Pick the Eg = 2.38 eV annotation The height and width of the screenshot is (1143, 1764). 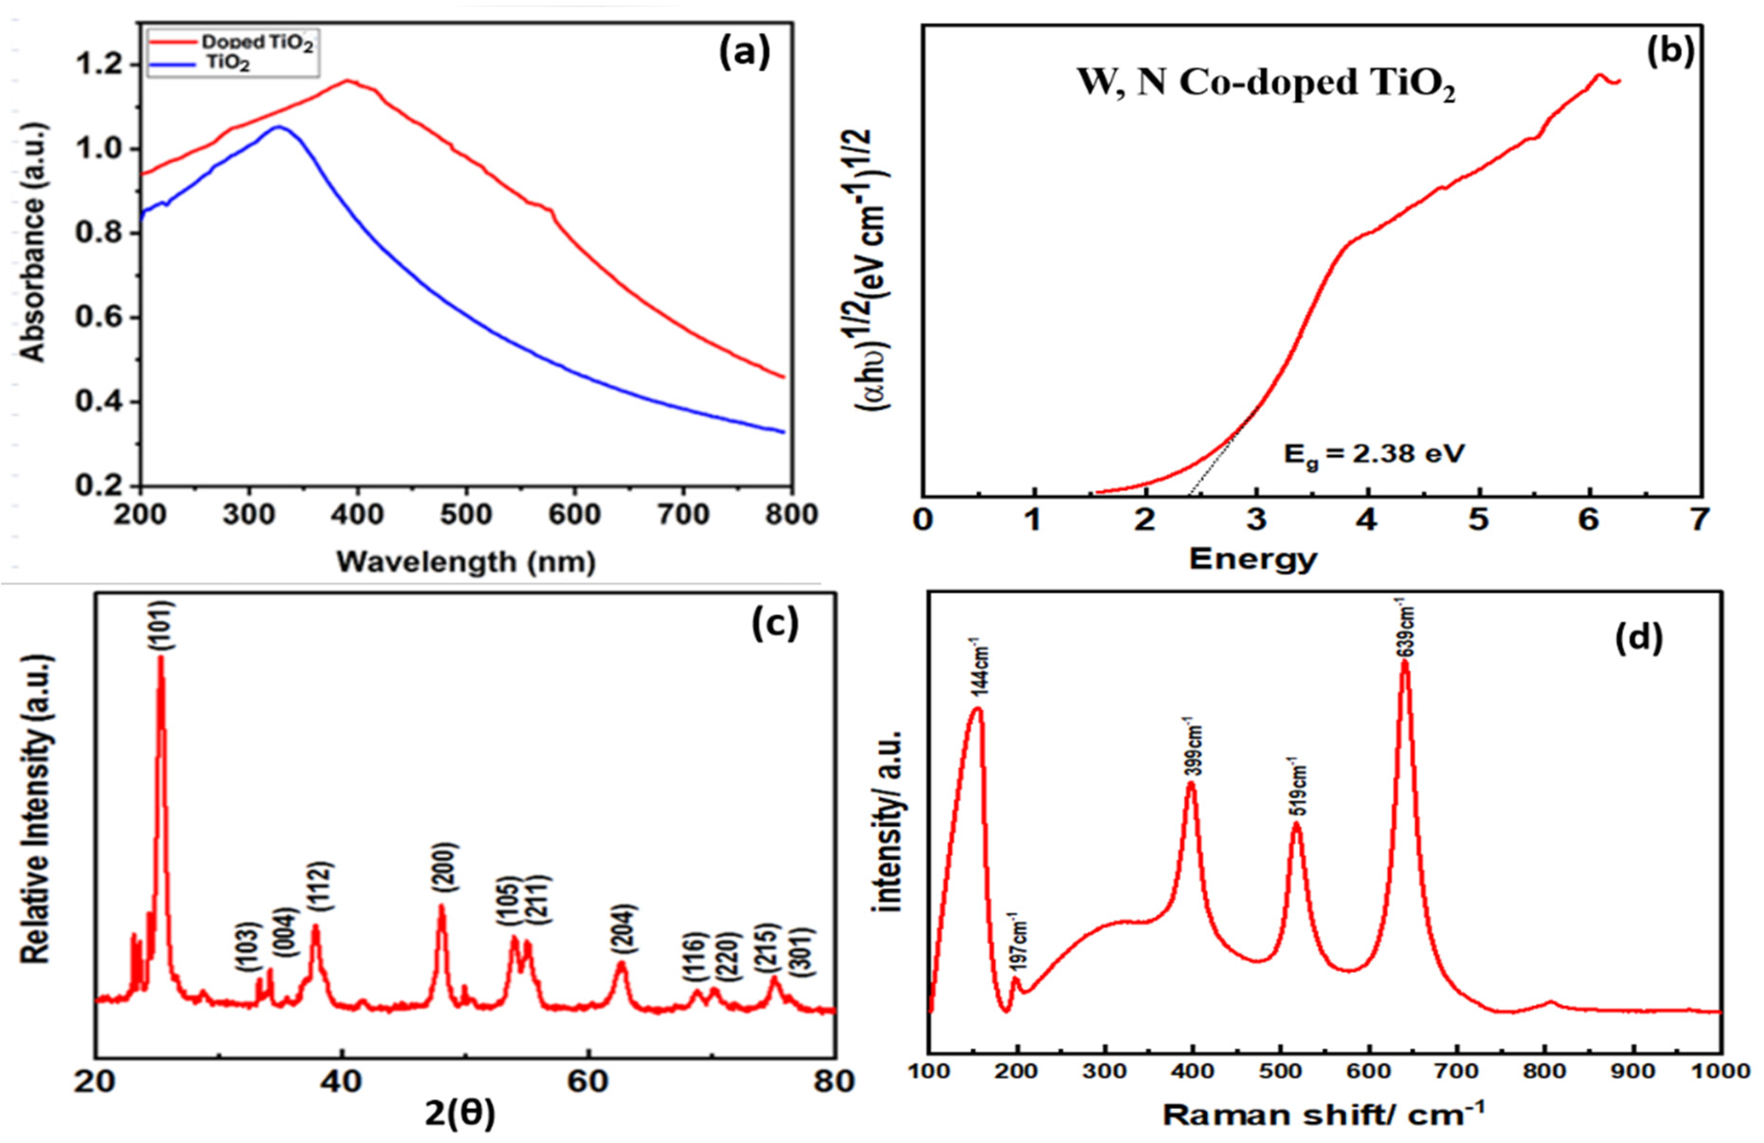click(1373, 454)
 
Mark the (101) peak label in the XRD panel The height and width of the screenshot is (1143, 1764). click(163, 627)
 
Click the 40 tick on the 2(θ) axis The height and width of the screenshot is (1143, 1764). click(341, 1081)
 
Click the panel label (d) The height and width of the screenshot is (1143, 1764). click(1638, 639)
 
